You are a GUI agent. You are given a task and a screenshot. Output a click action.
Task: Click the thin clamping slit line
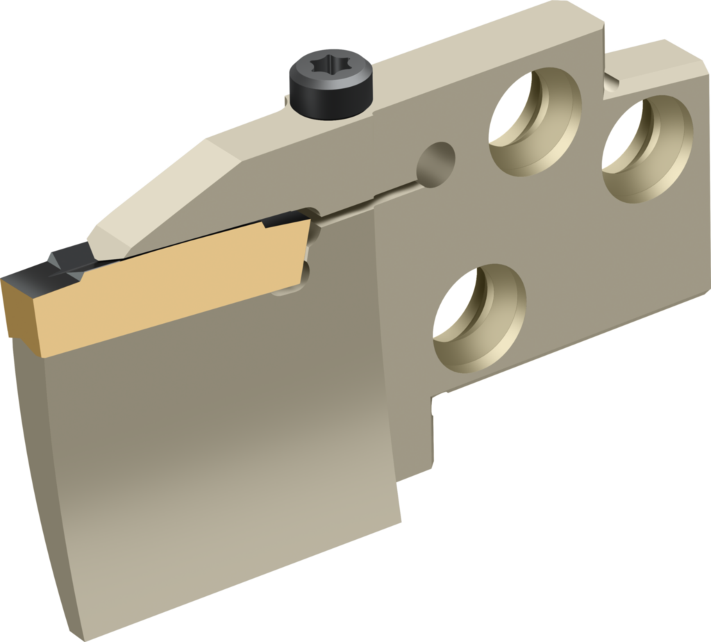[375, 201]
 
